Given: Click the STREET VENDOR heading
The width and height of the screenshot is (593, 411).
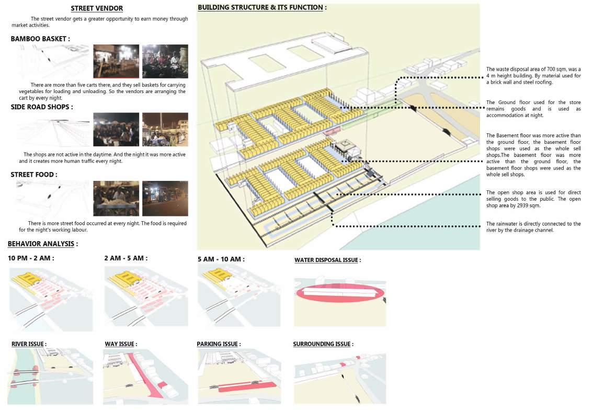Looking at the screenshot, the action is coord(97,8).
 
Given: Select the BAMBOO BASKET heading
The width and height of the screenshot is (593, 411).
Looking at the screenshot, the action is coord(40,39).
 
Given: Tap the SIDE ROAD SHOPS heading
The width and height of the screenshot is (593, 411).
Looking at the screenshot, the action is coord(42,107).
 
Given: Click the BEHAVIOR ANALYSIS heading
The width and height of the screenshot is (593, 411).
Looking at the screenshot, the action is coord(42,244).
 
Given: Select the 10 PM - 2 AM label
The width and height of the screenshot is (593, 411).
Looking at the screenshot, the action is coord(31,258).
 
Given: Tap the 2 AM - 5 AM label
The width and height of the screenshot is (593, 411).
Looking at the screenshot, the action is coord(126,258).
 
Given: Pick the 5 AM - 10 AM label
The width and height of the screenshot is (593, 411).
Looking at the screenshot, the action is coord(221,259).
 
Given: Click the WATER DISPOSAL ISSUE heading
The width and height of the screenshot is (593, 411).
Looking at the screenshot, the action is coord(327,260).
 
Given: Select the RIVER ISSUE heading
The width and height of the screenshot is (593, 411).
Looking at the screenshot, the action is coord(29,344).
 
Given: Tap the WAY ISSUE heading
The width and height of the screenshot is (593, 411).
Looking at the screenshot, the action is coord(120,344).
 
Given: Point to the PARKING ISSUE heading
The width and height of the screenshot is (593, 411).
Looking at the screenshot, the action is coord(218,344).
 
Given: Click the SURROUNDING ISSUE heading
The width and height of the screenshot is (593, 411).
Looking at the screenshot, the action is coord(323,344).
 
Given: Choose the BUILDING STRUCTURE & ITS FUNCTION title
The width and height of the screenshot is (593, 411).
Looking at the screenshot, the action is coord(262,8).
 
